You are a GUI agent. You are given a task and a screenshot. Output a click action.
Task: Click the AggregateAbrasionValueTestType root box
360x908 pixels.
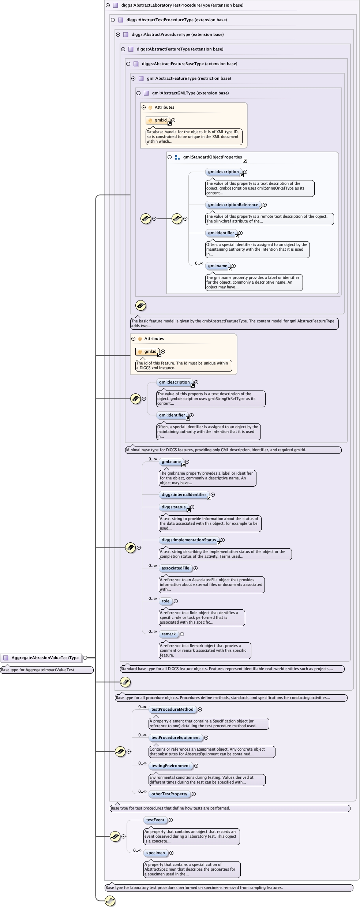point(45,658)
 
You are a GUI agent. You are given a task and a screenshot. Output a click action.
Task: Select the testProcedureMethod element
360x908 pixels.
point(172,709)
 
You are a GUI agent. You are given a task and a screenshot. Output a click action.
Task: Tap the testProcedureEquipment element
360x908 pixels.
point(176,737)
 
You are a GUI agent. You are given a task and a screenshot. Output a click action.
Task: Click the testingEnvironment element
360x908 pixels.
point(170,766)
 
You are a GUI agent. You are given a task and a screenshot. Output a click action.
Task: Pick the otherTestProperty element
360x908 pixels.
point(169,794)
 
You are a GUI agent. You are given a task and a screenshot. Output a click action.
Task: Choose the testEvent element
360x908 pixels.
point(155,820)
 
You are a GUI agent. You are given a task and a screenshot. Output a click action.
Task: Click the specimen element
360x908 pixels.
point(155,853)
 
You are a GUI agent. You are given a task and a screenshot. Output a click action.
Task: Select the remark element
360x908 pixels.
point(169,634)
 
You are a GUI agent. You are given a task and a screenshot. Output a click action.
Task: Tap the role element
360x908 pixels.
point(165,601)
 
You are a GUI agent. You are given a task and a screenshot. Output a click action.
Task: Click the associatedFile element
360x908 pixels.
point(175,568)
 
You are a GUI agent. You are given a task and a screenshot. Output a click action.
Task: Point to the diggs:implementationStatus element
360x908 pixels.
point(189,540)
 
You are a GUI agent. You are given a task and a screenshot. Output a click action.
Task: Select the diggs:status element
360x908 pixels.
point(173,507)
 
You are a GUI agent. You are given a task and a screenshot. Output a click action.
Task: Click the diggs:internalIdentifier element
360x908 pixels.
point(184,494)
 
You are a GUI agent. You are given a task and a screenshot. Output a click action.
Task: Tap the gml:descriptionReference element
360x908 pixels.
point(233,205)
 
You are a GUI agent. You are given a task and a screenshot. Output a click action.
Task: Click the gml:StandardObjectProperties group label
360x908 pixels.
point(213,157)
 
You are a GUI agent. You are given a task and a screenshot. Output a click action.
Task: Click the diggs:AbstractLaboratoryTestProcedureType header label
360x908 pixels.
point(182,5)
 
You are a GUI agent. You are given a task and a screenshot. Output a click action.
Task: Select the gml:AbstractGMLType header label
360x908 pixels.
point(190,93)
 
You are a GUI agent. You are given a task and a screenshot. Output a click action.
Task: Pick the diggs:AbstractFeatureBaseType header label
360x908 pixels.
point(190,64)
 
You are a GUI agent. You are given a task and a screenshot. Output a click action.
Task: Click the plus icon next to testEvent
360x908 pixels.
point(171,820)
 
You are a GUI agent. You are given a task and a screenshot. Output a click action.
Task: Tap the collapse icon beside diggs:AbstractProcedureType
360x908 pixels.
point(118,34)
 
